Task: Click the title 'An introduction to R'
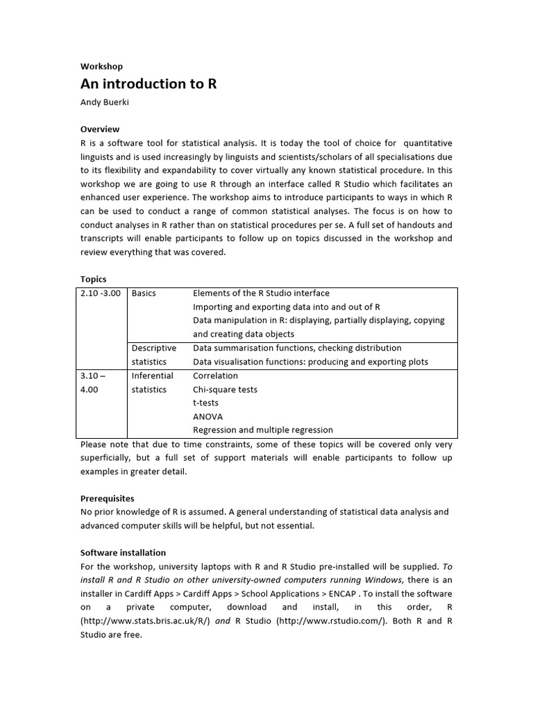click(149, 84)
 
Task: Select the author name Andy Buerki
click(105, 102)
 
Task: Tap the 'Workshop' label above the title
click(101, 67)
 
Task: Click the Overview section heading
click(100, 129)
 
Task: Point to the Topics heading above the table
click(94, 279)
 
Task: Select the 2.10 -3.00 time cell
click(101, 293)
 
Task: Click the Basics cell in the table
click(144, 293)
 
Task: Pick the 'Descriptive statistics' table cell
click(154, 355)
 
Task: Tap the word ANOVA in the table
click(208, 417)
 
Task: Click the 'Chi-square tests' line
click(225, 390)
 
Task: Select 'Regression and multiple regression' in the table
click(262, 430)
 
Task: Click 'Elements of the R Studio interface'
click(261, 293)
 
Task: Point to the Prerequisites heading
click(108, 499)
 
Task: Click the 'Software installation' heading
click(123, 553)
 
